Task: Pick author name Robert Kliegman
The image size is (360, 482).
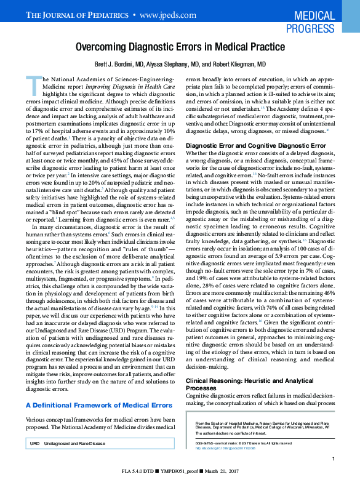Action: point(238,64)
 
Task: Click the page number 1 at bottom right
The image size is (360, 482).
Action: point(332,459)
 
